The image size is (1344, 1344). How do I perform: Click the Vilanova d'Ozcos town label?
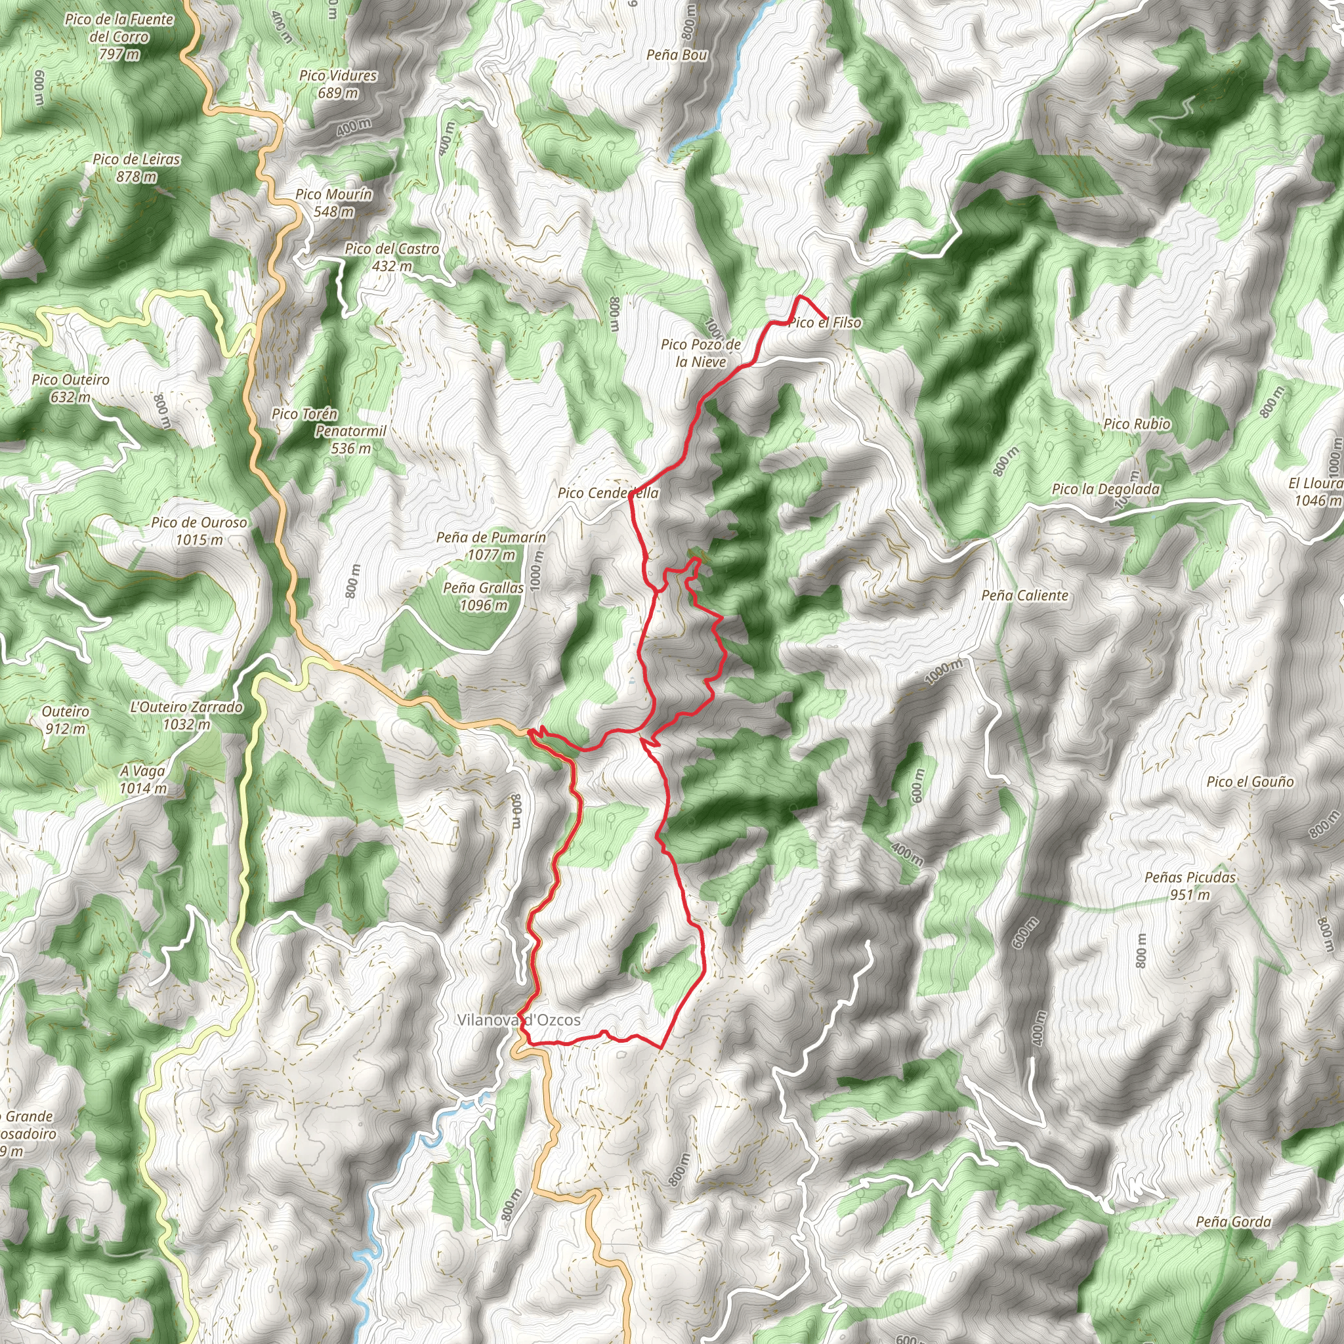tap(518, 1020)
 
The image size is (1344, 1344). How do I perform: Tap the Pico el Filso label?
tap(824, 323)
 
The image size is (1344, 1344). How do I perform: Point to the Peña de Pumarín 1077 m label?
tap(491, 546)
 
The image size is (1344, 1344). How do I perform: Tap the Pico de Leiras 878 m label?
tap(136, 167)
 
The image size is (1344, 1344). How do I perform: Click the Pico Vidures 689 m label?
tap(338, 84)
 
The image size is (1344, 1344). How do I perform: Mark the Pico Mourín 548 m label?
tap(334, 202)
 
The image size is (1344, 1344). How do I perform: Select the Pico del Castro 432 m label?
tap(392, 257)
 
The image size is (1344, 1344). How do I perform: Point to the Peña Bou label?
tap(676, 54)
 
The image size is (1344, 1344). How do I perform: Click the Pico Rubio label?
tap(1137, 424)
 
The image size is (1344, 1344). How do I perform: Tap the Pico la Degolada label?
tap(1105, 489)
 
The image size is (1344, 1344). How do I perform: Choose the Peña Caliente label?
tap(1024, 595)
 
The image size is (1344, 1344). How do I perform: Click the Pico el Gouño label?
tap(1250, 781)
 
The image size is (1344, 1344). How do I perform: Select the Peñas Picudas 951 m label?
tap(1190, 885)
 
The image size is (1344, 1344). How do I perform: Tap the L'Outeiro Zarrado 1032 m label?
tap(186, 715)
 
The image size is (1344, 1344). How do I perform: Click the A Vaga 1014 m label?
tap(142, 779)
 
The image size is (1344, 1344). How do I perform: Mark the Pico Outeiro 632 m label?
tap(70, 388)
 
